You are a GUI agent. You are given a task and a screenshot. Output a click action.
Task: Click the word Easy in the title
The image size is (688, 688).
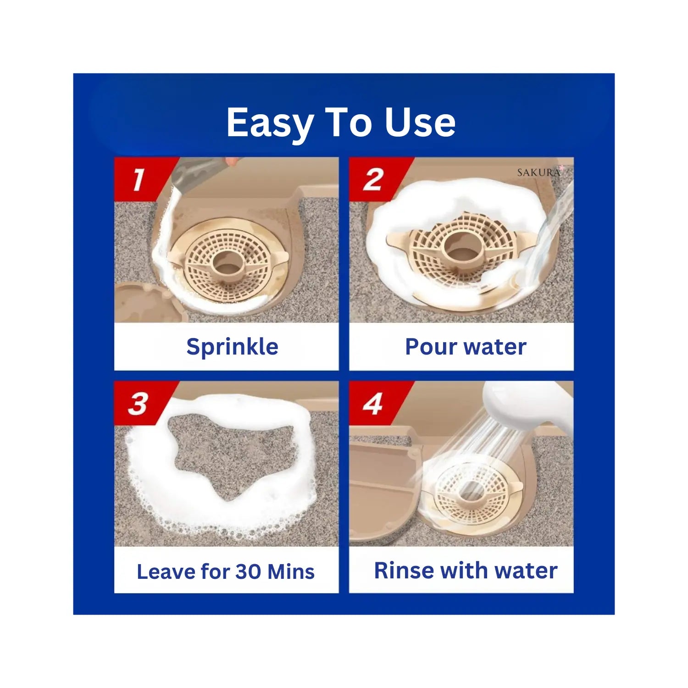270,123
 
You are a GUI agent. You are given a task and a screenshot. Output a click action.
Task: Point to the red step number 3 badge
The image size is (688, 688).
142,404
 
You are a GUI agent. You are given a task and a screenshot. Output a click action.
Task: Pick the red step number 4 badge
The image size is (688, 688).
377,404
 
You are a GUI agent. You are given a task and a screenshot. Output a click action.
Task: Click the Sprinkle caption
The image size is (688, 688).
232,347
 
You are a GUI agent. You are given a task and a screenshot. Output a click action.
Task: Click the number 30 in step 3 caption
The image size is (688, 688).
248,571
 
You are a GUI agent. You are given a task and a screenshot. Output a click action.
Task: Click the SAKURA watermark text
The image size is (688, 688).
539,172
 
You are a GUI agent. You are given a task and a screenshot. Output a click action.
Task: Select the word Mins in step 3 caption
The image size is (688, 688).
291,571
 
